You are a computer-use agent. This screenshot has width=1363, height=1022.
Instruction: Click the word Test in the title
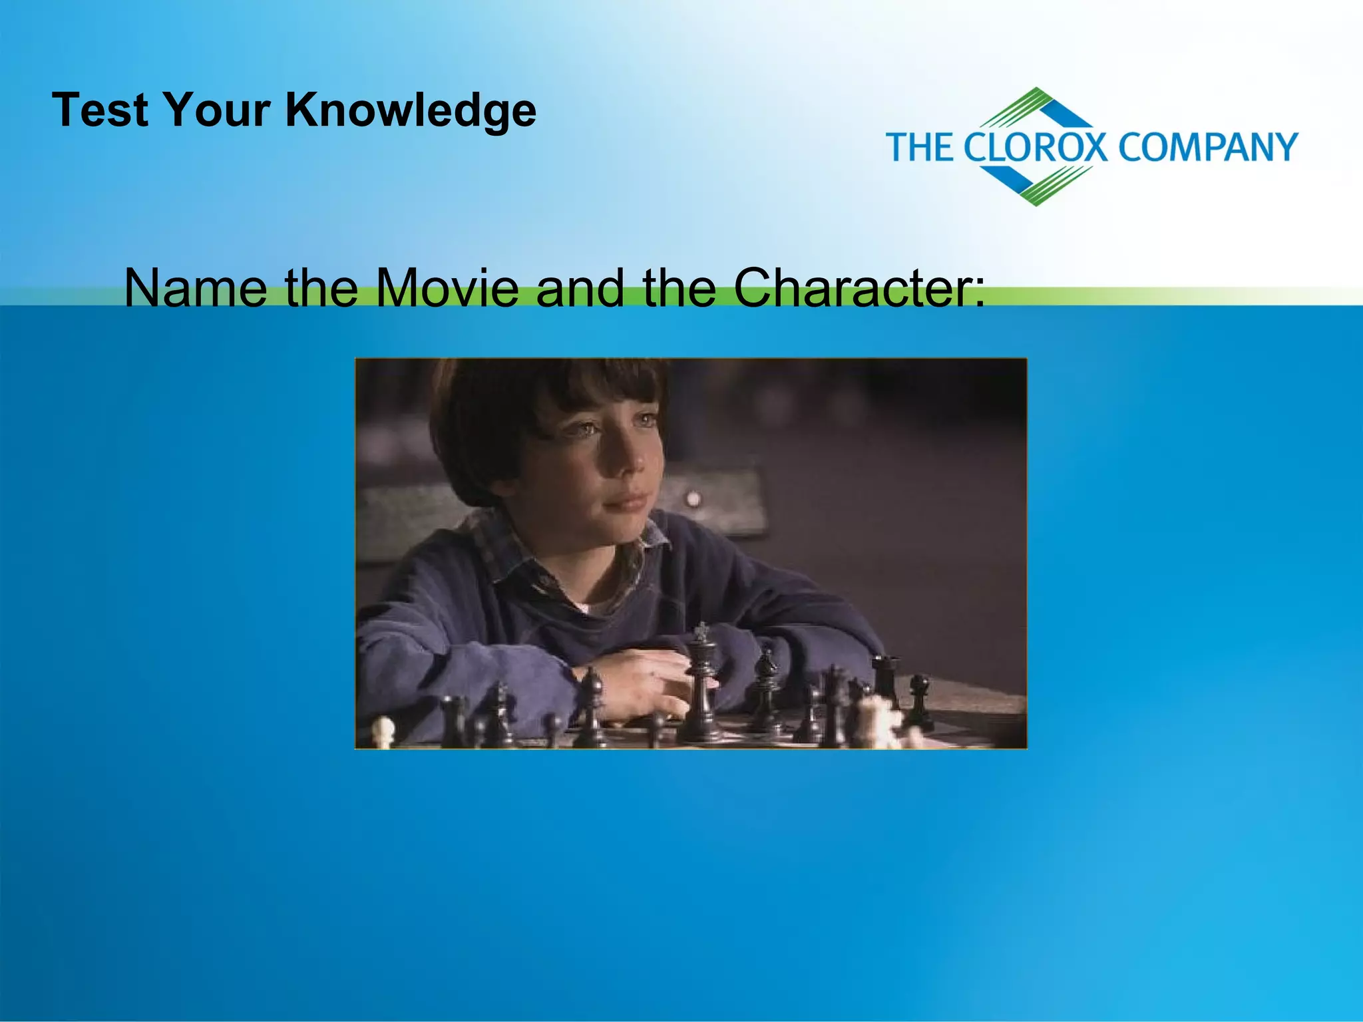coord(100,110)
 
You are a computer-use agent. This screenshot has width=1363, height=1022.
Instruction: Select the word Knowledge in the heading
coord(411,110)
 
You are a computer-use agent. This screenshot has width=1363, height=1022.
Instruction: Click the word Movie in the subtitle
coord(446,287)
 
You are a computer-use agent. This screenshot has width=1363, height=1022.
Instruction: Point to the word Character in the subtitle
coord(859,287)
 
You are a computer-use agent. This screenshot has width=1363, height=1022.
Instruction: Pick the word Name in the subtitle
coord(195,287)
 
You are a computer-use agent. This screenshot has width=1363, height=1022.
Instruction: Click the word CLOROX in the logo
coord(1036,147)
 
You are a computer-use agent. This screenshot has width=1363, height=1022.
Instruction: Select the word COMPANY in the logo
coord(1208,147)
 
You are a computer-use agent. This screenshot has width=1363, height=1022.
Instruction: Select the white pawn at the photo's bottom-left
coord(383,732)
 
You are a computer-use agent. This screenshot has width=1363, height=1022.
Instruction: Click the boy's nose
coord(629,459)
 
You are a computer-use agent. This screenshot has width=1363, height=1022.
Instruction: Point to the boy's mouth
coord(626,500)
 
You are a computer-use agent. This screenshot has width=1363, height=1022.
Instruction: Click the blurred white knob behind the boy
coord(693,498)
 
